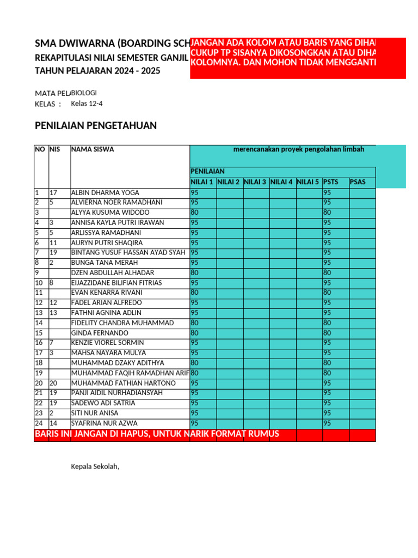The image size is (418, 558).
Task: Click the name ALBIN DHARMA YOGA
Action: tap(105, 193)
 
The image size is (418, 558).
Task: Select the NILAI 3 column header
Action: tap(256, 182)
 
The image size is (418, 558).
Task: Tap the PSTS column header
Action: tap(330, 182)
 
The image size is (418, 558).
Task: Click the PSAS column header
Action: tap(358, 182)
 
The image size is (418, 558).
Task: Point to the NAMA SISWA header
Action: tap(93, 149)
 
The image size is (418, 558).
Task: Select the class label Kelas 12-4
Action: tap(87, 104)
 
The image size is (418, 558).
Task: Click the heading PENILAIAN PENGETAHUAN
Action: tap(96, 126)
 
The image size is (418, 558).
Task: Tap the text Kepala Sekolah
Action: tap(95, 466)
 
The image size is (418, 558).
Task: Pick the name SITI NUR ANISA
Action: tap(95, 413)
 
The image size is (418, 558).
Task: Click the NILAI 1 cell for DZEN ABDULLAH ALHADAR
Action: tap(203, 273)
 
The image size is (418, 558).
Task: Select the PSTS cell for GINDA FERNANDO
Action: tap(335, 333)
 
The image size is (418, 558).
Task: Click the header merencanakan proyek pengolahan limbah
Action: tap(298, 149)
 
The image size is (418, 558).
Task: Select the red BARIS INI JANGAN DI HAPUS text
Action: tap(157, 434)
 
